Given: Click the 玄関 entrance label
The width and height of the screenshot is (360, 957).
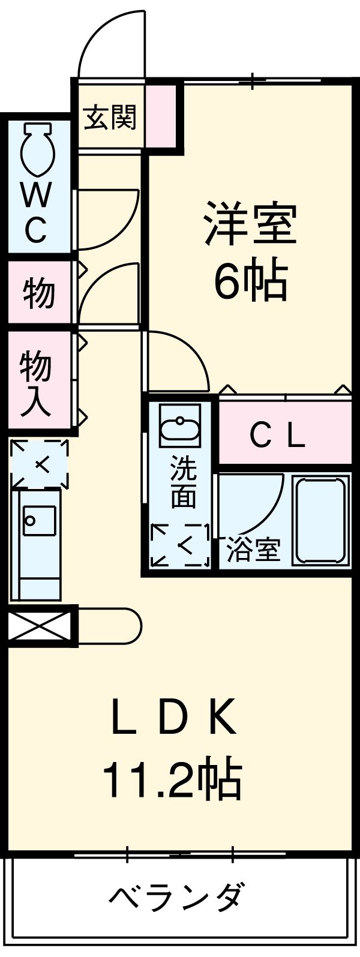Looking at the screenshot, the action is [110, 118].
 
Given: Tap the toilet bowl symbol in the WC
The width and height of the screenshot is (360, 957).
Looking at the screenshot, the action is [39, 149].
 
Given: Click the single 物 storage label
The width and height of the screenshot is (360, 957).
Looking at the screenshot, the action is [39, 293].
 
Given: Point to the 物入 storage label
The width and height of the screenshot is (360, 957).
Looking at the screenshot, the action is [37, 383].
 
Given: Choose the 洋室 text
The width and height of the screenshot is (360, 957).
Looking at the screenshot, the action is [250, 224].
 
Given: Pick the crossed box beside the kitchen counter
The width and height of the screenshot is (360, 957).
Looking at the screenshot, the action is [39, 626].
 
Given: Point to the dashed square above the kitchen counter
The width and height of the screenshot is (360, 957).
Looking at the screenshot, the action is [39, 464].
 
